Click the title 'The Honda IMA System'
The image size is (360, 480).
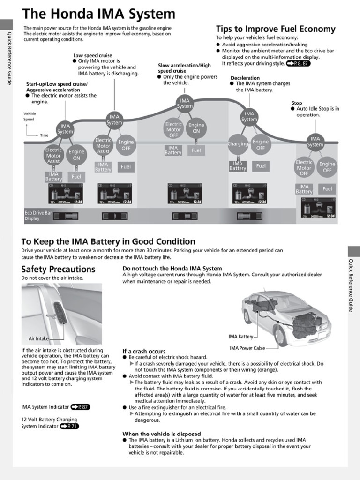pos(98,14)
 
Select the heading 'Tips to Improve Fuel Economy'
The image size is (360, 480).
pos(275,29)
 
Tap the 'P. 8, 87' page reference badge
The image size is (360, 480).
pos(298,63)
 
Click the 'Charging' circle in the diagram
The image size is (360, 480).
pos(238,144)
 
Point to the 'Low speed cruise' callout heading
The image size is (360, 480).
pos(92,55)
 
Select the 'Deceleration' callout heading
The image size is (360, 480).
pos(245,78)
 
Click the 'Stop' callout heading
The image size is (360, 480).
pos(296,103)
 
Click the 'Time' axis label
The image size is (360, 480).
pos(44,135)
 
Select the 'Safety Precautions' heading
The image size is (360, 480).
pos(58,269)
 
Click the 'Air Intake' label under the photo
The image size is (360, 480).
pos(38,338)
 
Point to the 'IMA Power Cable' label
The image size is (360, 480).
pos(247,348)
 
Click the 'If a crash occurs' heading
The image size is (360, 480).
pos(144,351)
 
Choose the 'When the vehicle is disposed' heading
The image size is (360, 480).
pos(161,434)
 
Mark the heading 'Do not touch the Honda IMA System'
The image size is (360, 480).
pos(172,269)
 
